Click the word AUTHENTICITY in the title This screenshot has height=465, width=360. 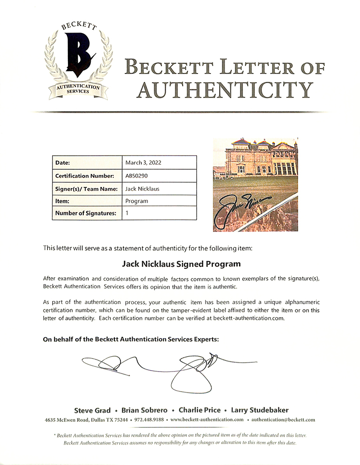click(x=223, y=90)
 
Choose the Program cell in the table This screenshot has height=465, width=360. click(x=137, y=201)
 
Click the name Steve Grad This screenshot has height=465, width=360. click(x=92, y=410)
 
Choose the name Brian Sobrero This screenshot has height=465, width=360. click(x=147, y=410)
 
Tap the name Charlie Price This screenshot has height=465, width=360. click(x=199, y=410)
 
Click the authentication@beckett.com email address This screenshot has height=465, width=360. click(x=283, y=420)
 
